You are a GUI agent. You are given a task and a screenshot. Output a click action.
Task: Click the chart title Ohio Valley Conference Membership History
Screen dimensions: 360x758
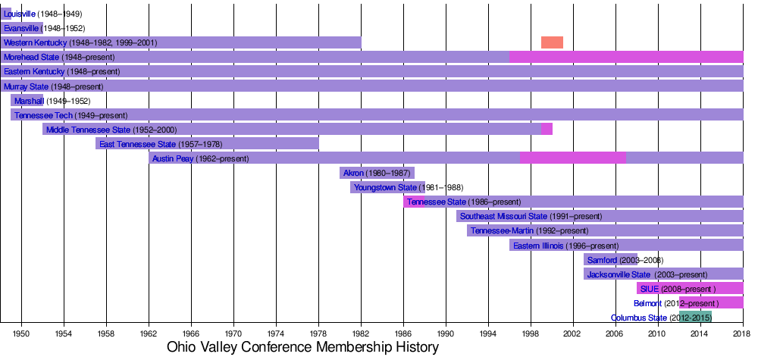[303, 347]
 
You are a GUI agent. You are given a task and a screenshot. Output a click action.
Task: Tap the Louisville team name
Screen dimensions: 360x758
[20, 14]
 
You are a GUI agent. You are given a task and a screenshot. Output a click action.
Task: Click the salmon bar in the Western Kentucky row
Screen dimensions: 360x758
[552, 42]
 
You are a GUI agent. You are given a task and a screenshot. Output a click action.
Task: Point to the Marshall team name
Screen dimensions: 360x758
[29, 101]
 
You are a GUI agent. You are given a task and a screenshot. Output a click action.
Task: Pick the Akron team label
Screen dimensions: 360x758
[354, 173]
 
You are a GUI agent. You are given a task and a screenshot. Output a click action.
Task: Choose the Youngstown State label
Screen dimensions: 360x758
[385, 187]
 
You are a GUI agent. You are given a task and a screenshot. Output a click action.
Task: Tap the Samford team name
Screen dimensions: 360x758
[603, 260]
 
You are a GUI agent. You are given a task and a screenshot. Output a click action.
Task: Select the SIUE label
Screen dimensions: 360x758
[650, 289]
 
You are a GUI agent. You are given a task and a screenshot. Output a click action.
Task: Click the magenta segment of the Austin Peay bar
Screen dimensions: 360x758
[572, 158]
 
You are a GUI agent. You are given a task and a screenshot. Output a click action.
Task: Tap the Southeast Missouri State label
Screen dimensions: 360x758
[503, 216]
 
